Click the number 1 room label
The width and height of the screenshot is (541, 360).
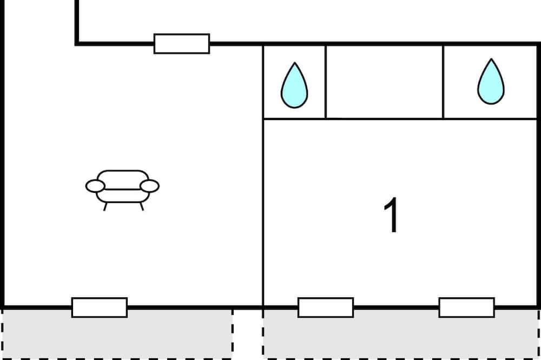[392, 216]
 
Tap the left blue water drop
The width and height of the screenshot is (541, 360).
[294, 86]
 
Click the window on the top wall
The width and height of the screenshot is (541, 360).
[181, 44]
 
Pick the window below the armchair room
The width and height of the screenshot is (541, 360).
[100, 307]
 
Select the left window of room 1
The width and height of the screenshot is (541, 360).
[326, 307]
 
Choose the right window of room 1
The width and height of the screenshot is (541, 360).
[466, 307]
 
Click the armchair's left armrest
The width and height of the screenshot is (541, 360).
[95, 186]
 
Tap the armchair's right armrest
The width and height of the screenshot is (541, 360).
[149, 186]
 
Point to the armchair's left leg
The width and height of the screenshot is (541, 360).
[105, 206]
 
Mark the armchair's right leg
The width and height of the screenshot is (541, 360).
[141, 206]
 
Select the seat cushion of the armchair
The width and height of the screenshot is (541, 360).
[123, 196]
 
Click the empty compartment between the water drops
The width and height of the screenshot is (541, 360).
[384, 82]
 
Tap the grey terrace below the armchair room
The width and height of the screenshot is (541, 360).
[117, 334]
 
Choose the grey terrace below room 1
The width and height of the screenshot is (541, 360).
[400, 334]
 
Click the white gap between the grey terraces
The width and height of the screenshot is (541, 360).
[248, 334]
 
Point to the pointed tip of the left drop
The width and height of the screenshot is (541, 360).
[295, 63]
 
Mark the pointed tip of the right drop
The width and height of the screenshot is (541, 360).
[491, 59]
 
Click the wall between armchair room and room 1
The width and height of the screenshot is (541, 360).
[263, 176]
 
